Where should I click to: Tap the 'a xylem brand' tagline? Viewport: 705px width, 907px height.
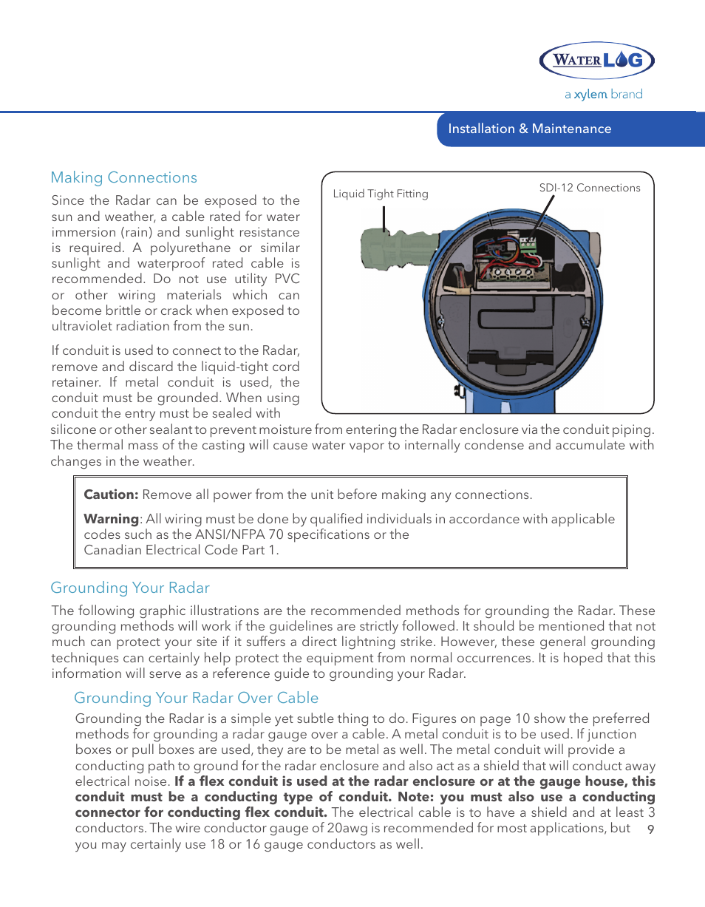(603, 95)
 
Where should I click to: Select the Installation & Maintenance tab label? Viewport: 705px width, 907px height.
(530, 129)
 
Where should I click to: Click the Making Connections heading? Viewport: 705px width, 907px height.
(123, 177)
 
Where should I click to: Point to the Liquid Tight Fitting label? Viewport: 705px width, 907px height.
(381, 194)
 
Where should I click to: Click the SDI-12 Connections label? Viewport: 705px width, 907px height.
(590, 188)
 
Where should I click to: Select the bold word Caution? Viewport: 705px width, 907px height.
(111, 495)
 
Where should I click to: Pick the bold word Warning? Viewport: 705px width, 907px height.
(111, 519)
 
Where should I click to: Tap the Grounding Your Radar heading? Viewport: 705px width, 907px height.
(130, 588)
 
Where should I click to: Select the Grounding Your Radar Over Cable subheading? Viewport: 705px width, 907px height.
(196, 698)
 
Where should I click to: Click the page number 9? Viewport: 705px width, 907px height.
(650, 829)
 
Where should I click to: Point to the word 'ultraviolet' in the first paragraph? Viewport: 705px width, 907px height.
(80, 326)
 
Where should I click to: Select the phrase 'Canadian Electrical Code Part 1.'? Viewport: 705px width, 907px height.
(181, 550)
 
